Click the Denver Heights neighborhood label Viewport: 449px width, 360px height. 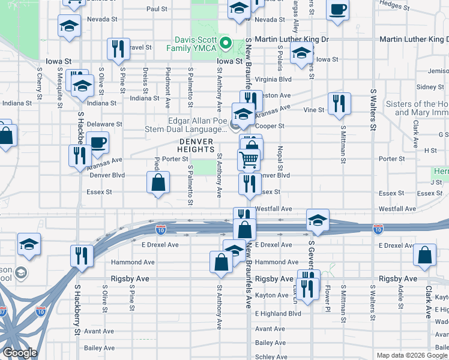pos(196,145)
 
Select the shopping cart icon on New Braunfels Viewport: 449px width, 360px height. pos(249,160)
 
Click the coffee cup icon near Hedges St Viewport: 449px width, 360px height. pos(338,10)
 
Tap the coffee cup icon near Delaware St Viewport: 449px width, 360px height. pos(97,143)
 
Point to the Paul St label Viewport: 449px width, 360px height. pos(157,10)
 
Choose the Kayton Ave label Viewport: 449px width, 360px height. pos(272,295)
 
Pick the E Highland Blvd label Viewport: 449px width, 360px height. pos(277,313)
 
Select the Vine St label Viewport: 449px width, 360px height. pos(313,110)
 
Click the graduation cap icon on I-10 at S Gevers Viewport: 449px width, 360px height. pos(318,219)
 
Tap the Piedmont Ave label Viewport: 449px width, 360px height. pos(169,83)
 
